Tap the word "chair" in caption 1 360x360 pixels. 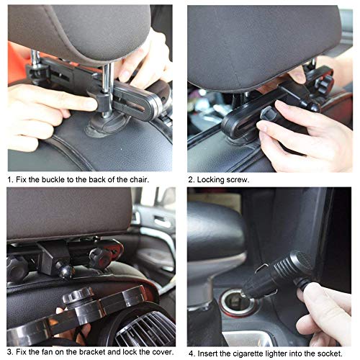136,179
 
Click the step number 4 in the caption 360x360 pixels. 190,354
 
